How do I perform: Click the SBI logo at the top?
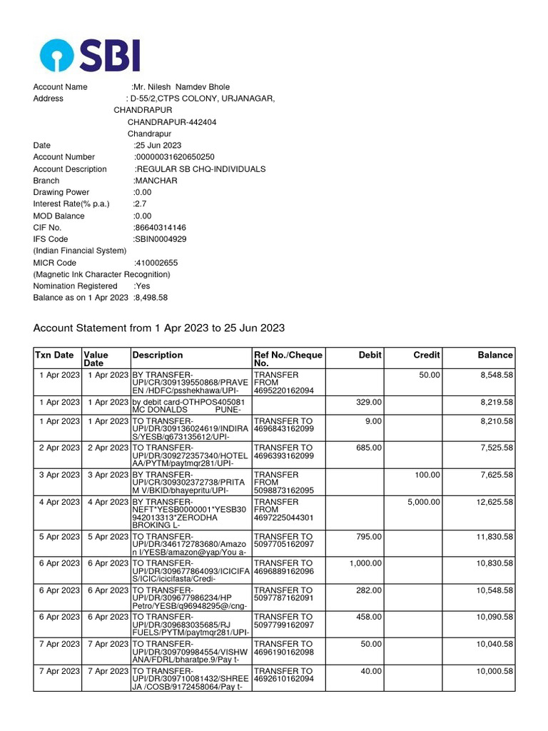coord(90,55)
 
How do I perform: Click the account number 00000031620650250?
coord(175,157)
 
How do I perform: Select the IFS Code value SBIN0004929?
coord(161,239)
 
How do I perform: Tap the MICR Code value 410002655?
coord(156,263)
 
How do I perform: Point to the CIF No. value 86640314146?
coord(160,228)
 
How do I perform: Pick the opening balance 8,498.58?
coord(151,298)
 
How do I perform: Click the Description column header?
coord(158,355)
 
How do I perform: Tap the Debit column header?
coord(370,355)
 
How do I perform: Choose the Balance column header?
coord(495,355)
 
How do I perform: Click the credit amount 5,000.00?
coord(424,502)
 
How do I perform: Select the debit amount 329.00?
coord(369,402)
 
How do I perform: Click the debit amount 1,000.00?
coord(365,563)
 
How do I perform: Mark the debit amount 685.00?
coord(369,448)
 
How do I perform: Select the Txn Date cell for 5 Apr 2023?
coord(59,536)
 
